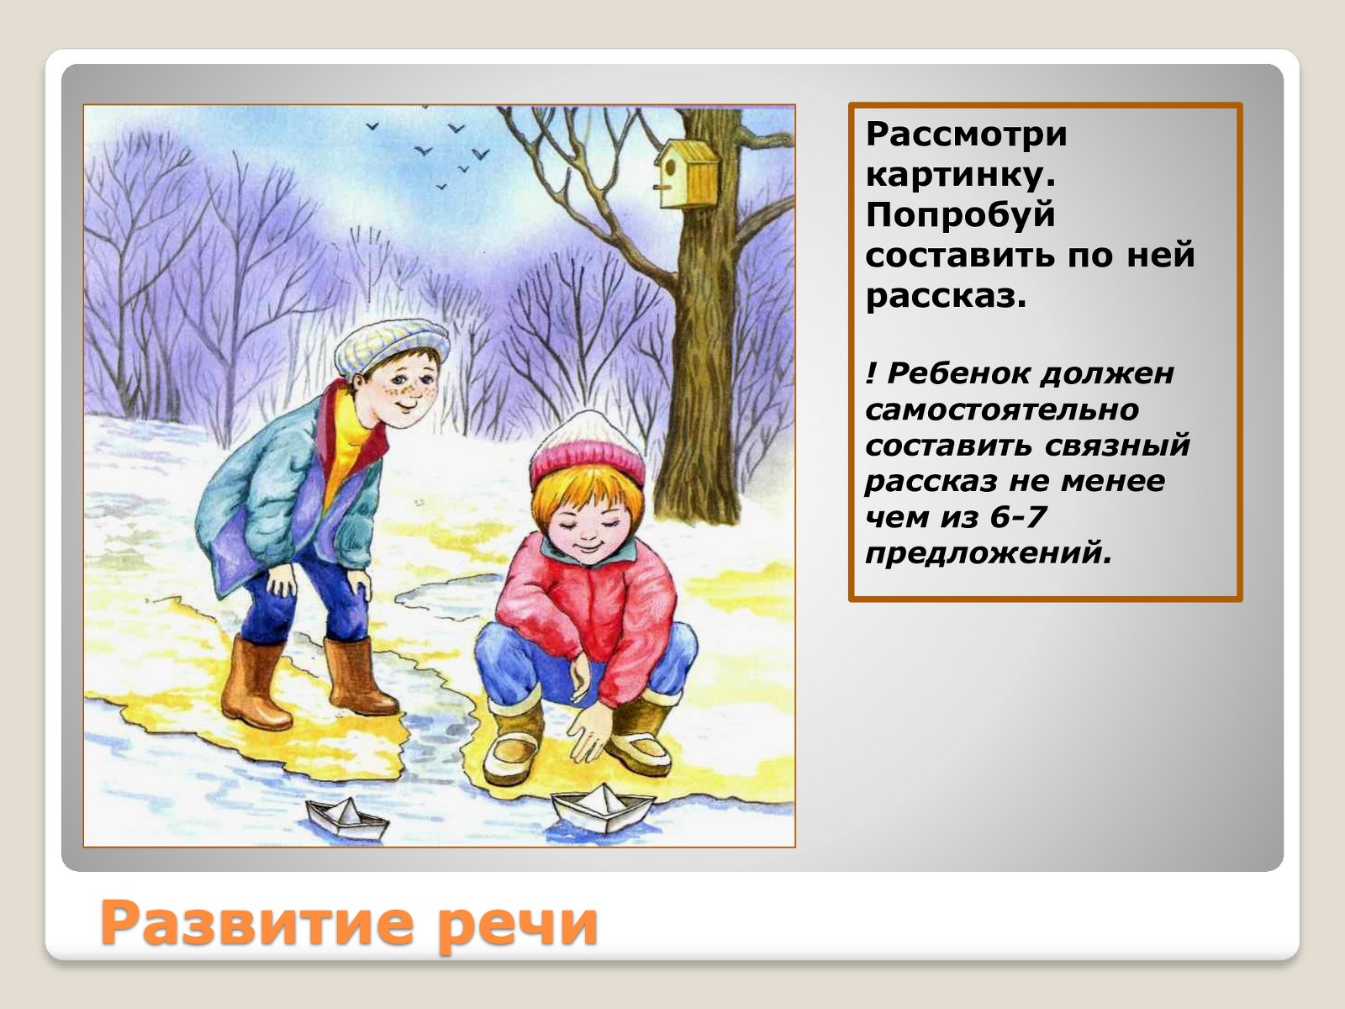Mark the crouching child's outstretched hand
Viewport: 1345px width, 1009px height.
tap(588, 732)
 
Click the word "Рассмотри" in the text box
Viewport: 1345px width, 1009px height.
tap(967, 135)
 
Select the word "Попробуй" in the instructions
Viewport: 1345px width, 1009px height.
tap(960, 215)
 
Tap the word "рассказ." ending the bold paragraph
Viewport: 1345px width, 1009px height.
tap(946, 297)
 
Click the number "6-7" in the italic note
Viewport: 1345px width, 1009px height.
tap(1017, 518)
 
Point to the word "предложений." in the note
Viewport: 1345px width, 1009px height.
tap(988, 554)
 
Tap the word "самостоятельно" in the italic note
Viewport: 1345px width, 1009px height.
tap(1002, 409)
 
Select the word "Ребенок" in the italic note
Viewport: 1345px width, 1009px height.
tap(961, 373)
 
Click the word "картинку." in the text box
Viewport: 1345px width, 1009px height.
tap(961, 177)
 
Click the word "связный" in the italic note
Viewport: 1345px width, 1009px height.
tap(1116, 446)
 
